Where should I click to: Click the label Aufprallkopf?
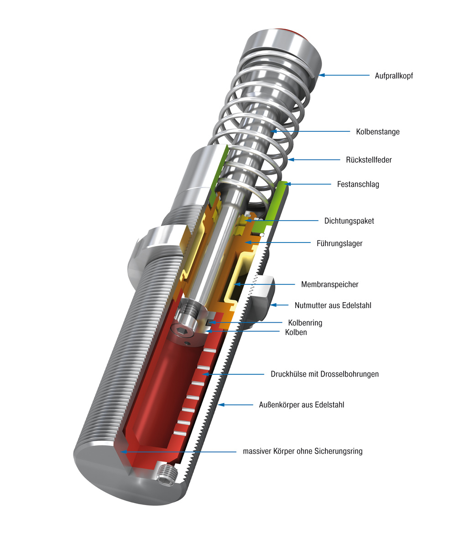click(393, 76)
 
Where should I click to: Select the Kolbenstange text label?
click(377, 132)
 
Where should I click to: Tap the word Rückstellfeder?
click(369, 160)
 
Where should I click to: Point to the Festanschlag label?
click(358, 185)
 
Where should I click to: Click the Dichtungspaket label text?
click(349, 221)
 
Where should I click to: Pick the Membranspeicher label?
click(329, 284)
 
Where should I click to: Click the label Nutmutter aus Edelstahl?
click(333, 305)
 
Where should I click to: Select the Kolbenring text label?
click(305, 323)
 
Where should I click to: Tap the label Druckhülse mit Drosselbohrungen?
click(324, 374)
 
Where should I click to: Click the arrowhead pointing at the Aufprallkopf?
click(320, 75)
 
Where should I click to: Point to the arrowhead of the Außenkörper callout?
click(220, 404)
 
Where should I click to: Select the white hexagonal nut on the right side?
click(261, 301)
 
